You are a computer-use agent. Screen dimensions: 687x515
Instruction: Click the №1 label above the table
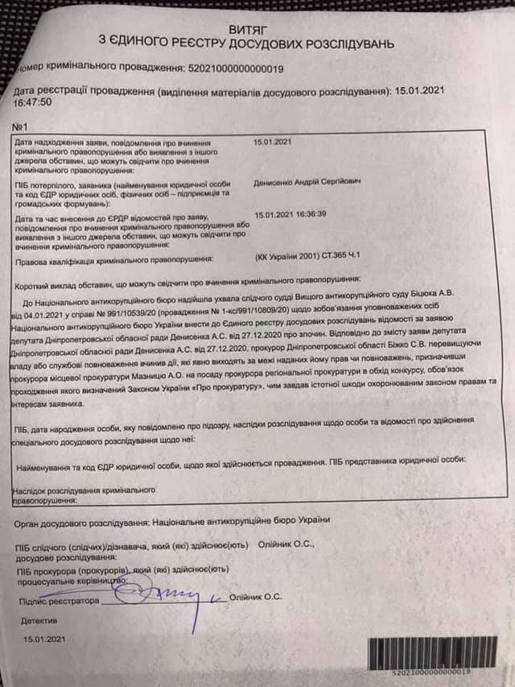click(x=21, y=127)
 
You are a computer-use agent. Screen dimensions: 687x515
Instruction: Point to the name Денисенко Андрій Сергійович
click(x=307, y=182)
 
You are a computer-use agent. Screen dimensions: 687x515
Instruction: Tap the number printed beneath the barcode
click(x=431, y=670)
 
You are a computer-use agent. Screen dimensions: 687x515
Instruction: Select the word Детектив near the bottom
click(x=39, y=622)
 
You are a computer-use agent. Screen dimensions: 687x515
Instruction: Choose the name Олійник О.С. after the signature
click(x=255, y=598)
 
